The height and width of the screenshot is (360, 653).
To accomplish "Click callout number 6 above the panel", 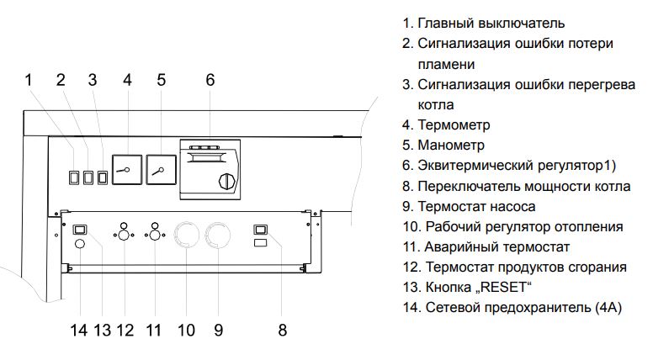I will [x=210, y=80].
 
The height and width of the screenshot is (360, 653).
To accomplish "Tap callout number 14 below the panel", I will [x=79, y=330].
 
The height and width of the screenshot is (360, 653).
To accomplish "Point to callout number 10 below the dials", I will [x=186, y=330].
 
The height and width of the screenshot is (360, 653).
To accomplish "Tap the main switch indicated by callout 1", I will [x=73, y=177].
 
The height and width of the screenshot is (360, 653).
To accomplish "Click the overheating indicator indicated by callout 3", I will [x=104, y=177].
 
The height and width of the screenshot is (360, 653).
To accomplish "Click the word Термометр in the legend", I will [x=465, y=124].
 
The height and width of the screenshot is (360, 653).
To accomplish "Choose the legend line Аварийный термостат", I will [x=497, y=247].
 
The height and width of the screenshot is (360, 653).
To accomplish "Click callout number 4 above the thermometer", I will [x=127, y=80].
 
